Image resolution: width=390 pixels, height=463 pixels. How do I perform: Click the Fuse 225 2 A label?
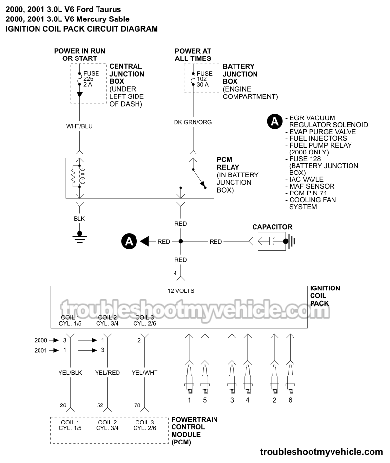[91, 79]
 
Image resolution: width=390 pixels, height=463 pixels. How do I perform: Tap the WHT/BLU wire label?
[79, 126]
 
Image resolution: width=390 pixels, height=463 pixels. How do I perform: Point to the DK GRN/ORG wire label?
[193, 122]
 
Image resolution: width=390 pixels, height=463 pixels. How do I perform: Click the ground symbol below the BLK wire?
[79, 236]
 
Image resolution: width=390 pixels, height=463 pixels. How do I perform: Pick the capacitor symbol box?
[273, 241]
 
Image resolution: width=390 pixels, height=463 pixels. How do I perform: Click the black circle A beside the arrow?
[129, 241]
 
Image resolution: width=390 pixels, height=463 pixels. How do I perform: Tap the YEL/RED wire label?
[108, 373]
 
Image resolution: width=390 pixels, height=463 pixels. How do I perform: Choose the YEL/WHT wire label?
[144, 373]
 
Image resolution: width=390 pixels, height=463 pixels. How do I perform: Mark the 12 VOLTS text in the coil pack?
[180, 291]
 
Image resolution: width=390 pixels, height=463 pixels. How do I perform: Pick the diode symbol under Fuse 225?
[79, 94]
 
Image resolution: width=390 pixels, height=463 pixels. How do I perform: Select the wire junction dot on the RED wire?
[180, 241]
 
